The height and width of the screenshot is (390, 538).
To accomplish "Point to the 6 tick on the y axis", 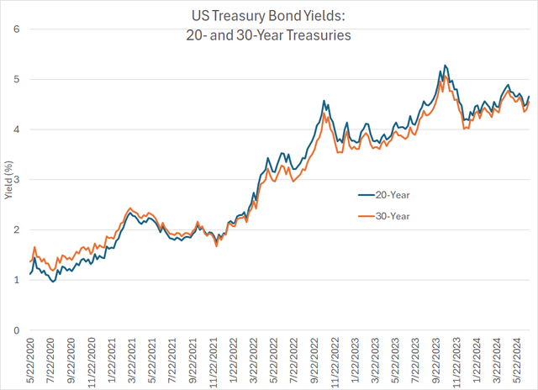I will coord(18,29).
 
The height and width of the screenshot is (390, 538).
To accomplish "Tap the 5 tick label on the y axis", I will coord(18,80).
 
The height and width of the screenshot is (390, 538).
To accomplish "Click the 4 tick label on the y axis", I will coord(18,129).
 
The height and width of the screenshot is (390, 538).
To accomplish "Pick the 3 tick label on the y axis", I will coord(18,180).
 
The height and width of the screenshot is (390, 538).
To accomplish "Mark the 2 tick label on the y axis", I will coord(18,230).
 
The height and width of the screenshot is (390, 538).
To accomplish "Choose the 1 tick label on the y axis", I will coord(18,281).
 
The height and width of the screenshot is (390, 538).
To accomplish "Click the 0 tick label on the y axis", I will coord(18,330).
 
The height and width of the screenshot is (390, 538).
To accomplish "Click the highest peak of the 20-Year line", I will coord(445,66).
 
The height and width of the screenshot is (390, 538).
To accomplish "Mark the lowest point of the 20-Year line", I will coord(54,282).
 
